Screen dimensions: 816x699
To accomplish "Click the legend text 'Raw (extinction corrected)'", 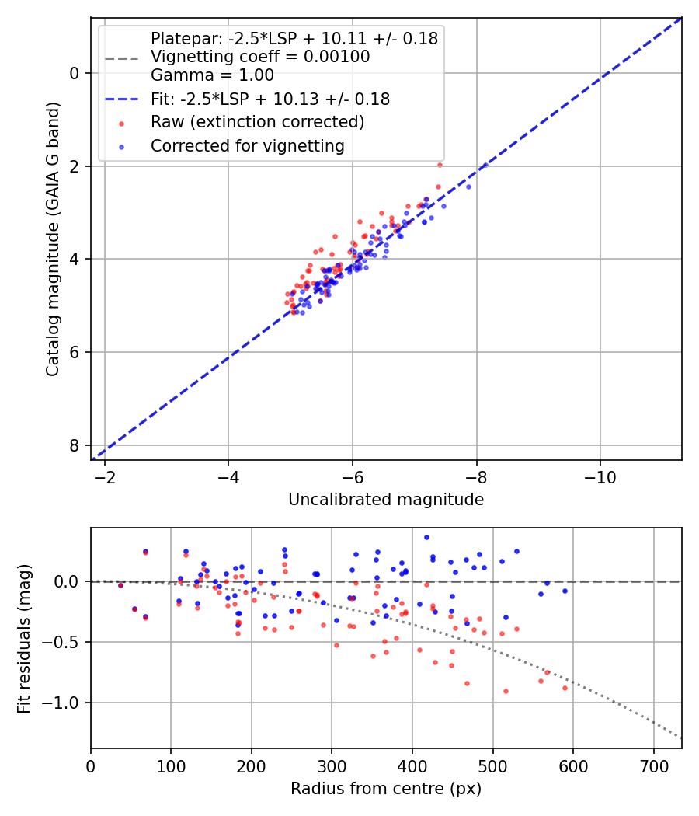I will coord(257,122).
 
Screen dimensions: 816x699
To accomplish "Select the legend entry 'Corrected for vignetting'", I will coord(248,145).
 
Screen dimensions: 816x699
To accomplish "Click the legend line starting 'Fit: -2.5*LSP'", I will coord(270,99).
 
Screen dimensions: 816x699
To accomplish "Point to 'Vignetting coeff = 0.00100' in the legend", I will coord(260,57).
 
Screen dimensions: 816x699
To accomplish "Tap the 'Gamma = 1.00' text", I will coord(212,75).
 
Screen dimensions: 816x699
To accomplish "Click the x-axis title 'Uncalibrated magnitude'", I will coord(386,500).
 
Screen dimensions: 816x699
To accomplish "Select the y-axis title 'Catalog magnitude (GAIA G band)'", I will coord(52,238).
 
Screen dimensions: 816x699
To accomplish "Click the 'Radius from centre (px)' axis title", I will coord(386,789).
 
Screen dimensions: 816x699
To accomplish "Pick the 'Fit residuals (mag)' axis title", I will coord(24,638).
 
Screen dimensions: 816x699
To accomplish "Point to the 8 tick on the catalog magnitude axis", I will coord(74,445).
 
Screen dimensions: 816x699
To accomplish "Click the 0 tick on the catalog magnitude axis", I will coord(74,73).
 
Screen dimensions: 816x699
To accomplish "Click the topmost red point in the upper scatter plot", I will coord(440,165).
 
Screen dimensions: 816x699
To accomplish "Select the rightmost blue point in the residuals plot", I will coord(565,591).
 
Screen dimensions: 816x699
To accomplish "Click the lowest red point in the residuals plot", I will coord(506,691).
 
